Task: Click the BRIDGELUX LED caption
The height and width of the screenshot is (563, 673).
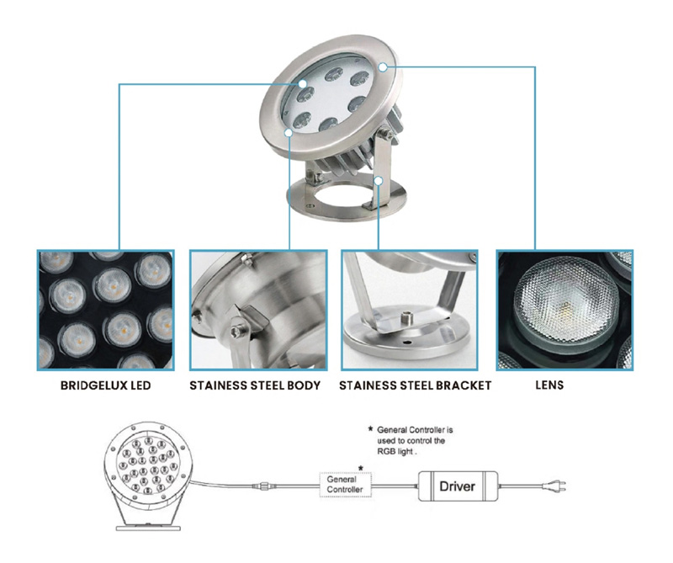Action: click(x=106, y=385)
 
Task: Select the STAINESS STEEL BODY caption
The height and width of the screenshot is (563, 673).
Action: click(x=255, y=385)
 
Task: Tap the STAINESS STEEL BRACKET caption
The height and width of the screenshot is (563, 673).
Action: click(x=415, y=385)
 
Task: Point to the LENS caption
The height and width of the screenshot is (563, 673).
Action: click(x=549, y=385)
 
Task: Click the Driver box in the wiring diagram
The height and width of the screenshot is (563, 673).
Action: click(x=458, y=486)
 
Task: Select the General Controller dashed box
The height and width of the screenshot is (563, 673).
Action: click(x=346, y=485)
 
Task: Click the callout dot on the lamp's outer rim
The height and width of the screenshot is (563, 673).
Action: click(x=383, y=66)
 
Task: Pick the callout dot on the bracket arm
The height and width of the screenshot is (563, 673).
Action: click(x=378, y=181)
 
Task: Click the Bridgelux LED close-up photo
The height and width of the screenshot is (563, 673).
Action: click(x=106, y=310)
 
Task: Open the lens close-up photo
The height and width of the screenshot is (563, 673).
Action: click(x=564, y=310)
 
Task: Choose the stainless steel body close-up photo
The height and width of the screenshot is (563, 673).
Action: click(x=258, y=310)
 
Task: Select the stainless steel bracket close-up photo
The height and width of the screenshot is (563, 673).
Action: click(x=410, y=310)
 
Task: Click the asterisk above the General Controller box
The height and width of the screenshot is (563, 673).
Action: click(x=361, y=467)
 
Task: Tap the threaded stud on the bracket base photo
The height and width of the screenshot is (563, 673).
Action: click(x=406, y=319)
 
